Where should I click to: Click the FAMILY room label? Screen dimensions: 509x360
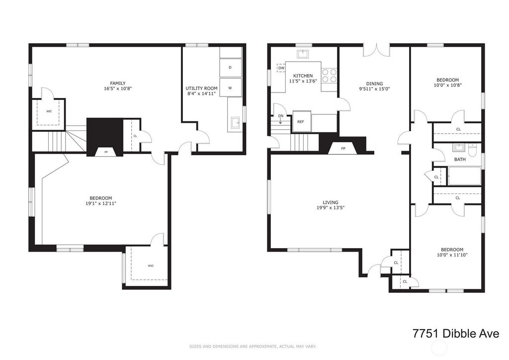[x=117, y=84]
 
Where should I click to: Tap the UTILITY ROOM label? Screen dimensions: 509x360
[x=202, y=89]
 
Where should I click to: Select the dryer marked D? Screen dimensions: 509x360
[x=231, y=68]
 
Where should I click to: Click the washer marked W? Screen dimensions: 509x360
[x=231, y=88]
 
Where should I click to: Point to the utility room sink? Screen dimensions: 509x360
[x=236, y=123]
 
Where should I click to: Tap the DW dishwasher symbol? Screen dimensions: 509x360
[x=281, y=68]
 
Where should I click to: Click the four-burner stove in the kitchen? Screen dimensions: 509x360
[x=329, y=75]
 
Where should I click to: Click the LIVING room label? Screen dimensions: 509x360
[x=331, y=202]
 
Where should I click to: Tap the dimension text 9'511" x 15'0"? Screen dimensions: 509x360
[x=374, y=89]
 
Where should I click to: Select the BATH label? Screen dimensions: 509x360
[x=460, y=160]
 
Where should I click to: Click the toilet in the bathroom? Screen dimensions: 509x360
[x=473, y=150]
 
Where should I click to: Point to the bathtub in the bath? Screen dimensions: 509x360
[x=464, y=176]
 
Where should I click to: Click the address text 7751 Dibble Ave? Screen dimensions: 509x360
[x=456, y=333]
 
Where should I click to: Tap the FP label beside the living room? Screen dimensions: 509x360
[x=343, y=149]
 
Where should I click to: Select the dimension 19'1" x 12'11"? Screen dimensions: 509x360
[x=100, y=203]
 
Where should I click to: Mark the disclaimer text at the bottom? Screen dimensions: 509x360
[x=253, y=347]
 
